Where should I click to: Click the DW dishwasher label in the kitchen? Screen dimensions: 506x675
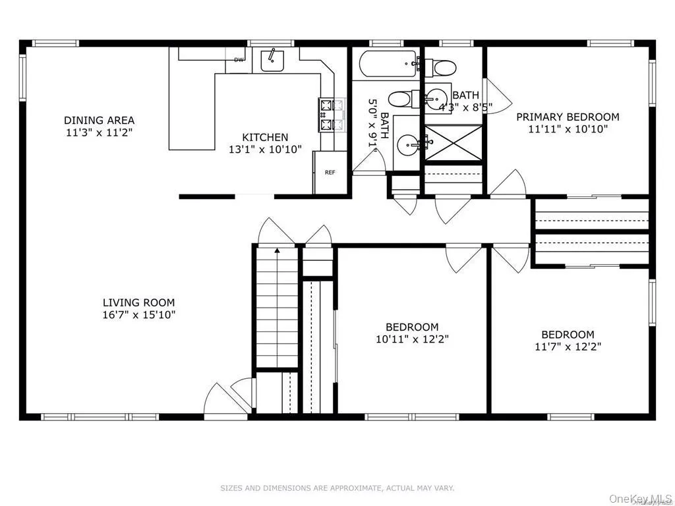tap(238, 60)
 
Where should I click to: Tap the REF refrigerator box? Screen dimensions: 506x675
tap(330, 173)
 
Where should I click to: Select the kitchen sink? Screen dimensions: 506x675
tap(272, 60)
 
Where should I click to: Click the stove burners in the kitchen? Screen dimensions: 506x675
tap(327, 114)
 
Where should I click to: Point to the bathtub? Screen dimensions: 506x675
tap(388, 64)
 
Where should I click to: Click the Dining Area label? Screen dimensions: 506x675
tap(99, 120)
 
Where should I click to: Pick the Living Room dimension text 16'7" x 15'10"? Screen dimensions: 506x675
tap(138, 314)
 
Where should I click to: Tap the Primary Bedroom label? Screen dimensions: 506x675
tap(568, 117)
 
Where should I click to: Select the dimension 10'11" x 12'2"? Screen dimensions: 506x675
tap(412, 339)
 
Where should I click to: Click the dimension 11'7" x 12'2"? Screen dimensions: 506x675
tap(568, 346)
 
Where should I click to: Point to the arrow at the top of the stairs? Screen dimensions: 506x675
tap(277, 250)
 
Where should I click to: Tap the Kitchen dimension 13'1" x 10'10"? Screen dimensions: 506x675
tap(265, 149)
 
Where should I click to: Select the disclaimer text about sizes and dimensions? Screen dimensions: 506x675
tap(337, 488)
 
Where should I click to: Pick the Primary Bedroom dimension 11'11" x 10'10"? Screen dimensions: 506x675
tap(568, 129)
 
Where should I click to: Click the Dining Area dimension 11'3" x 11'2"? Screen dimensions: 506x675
tap(99, 132)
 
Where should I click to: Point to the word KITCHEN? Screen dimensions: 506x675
tap(265, 137)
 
